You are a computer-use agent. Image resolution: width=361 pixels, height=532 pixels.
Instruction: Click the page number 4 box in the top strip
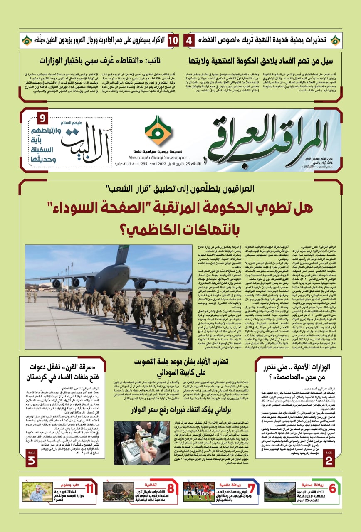(x=189, y=41)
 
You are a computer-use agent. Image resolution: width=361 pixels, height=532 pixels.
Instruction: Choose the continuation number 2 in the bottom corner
(x=329, y=459)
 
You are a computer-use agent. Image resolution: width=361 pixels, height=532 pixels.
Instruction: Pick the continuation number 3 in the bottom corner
(x=32, y=459)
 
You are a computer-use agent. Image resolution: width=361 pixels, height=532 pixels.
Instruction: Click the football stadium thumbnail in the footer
(x=279, y=492)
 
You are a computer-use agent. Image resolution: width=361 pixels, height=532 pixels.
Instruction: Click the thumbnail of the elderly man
(x=38, y=492)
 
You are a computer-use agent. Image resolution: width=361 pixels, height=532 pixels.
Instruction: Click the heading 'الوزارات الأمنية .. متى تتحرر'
(x=300, y=367)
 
